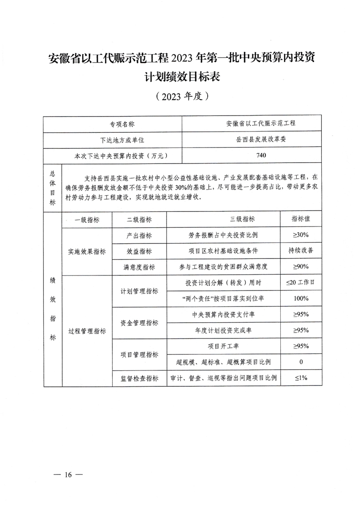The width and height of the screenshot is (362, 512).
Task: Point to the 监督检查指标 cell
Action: pyautogui.click(x=140, y=378)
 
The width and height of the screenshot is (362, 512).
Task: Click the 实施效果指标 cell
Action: pyautogui.click(x=87, y=251)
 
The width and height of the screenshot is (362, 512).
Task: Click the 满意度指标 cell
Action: pyautogui.click(x=139, y=267)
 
